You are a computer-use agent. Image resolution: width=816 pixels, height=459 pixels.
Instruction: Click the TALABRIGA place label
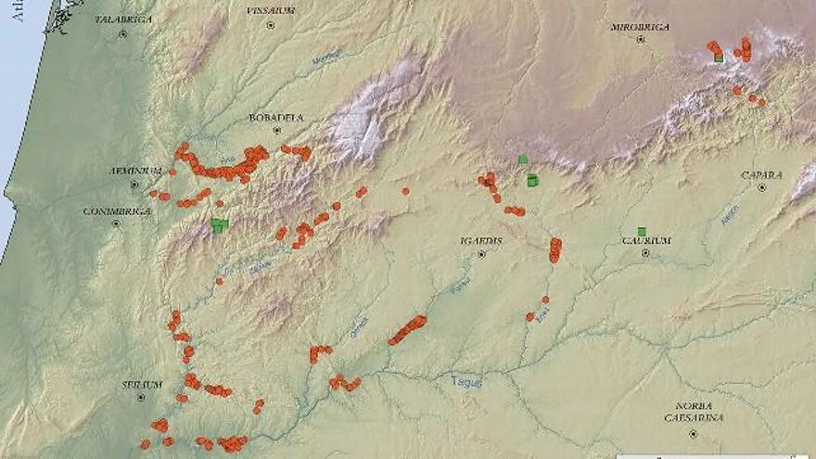pos(123,19)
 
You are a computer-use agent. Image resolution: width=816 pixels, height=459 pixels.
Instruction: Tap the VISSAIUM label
pos(271,10)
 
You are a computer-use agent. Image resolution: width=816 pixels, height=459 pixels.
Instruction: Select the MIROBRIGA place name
pos(640,27)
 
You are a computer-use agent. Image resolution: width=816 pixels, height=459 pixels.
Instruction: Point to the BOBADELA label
pos(275,118)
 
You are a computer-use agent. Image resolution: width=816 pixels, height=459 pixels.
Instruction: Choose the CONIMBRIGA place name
pos(117,211)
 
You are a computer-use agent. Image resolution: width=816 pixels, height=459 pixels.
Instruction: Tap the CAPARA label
pos(761,175)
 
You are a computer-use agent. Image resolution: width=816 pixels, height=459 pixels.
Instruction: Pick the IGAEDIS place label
pos(481,241)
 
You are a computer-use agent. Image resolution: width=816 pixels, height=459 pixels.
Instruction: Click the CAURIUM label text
pos(645,241)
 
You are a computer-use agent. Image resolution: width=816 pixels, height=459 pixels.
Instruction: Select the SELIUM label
pos(142,385)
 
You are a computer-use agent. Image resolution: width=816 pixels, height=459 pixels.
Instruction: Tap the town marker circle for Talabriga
pos(122,33)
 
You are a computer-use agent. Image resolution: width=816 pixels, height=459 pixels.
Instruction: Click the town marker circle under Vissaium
pos(270,25)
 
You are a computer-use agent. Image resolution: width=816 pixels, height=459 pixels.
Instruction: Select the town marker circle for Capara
pos(761,187)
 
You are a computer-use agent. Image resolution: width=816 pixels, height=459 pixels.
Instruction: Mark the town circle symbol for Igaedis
pos(481,253)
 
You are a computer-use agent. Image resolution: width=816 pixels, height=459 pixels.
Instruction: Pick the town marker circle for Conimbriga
pos(117,223)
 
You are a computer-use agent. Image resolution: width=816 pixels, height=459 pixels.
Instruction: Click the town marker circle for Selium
pos(141,397)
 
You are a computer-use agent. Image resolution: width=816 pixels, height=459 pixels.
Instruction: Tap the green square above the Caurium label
pos(641,231)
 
